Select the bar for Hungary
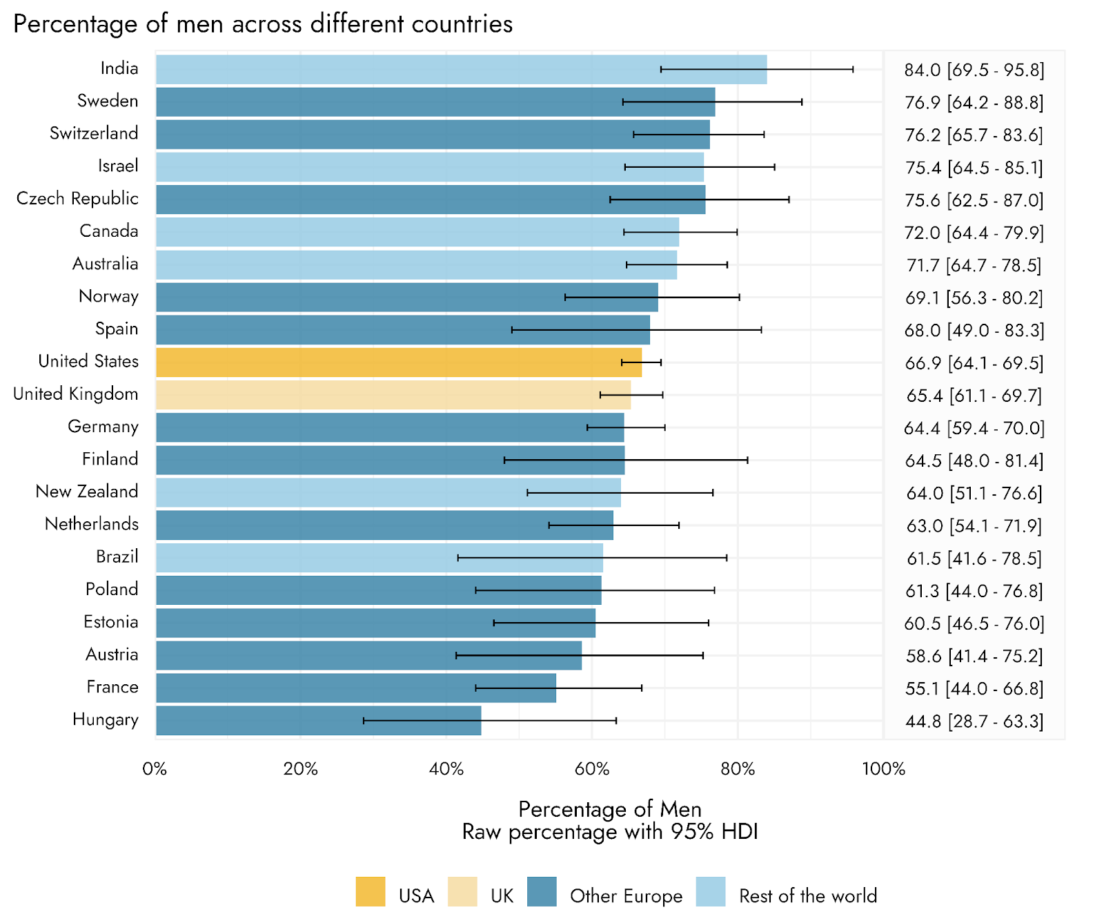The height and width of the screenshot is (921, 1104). click(318, 721)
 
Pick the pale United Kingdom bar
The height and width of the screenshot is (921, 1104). click(393, 395)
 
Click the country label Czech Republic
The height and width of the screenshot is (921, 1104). click(77, 199)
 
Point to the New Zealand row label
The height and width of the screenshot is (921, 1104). click(87, 492)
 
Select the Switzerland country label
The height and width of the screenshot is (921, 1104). click(94, 133)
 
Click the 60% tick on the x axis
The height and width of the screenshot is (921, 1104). click(592, 769)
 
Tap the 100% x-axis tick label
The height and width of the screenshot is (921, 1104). click(883, 769)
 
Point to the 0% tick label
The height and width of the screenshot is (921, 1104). click(155, 769)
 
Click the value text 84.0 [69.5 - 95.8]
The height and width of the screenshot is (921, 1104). click(974, 70)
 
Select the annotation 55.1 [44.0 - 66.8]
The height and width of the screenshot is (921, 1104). click(974, 689)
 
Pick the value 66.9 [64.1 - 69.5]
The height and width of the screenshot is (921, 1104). click(974, 363)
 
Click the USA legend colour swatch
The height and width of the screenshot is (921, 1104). click(371, 891)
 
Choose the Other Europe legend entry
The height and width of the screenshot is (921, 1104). click(626, 896)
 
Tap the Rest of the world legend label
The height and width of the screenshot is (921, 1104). click(808, 896)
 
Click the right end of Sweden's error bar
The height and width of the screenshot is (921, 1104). click(802, 102)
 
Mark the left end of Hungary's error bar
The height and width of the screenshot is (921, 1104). click(364, 721)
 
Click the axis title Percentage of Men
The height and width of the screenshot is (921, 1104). click(610, 809)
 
